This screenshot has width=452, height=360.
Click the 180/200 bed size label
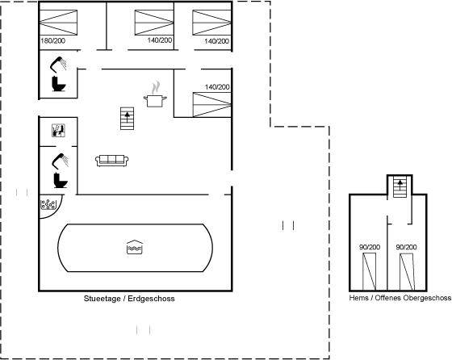tap(53, 40)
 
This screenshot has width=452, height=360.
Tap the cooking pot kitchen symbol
tap(155, 97)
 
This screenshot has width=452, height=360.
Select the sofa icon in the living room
tap(112, 161)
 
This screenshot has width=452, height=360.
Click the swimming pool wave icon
tap(135, 247)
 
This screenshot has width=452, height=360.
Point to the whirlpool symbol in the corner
tap(48, 204)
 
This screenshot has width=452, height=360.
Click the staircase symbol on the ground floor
tap(128, 119)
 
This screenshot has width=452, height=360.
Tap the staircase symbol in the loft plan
tap(400, 186)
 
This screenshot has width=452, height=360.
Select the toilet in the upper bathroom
tap(59, 84)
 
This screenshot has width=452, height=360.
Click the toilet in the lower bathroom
tap(61, 181)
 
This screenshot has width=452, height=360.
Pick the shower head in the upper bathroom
tap(58, 65)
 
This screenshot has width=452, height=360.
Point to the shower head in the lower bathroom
tap(61, 161)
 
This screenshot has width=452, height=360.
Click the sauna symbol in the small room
tap(58, 130)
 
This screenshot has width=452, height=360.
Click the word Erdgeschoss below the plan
tap(151, 299)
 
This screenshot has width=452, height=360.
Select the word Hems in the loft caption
tap(358, 298)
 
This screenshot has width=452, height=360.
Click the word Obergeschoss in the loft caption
tap(427, 298)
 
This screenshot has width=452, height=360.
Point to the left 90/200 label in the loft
tap(370, 247)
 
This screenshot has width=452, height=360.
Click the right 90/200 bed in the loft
tap(407, 272)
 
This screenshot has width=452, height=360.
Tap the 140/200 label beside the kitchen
tap(217, 86)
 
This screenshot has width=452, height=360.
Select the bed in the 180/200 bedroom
tap(58, 23)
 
